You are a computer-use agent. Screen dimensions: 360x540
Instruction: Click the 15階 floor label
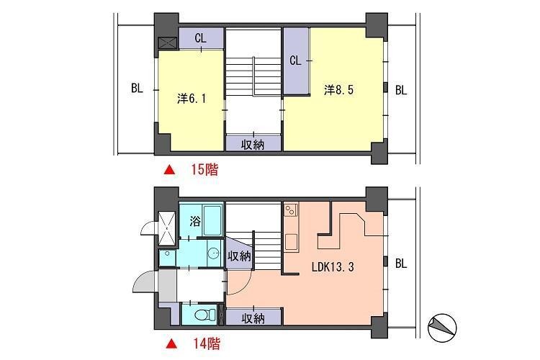(204, 171)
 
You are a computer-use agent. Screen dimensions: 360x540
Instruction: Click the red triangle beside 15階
(170, 171)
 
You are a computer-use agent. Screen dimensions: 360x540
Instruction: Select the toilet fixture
(203, 315)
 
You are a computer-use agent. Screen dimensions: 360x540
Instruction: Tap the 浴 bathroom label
(194, 222)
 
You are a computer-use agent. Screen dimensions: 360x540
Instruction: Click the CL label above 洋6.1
(200, 39)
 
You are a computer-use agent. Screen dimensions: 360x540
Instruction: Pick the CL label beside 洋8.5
(295, 61)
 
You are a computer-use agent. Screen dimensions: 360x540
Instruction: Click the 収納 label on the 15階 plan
(252, 144)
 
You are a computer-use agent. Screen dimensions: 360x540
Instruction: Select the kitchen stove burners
(291, 210)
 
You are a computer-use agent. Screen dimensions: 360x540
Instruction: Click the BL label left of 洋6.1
(137, 90)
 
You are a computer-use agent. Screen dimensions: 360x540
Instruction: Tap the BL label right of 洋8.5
(401, 90)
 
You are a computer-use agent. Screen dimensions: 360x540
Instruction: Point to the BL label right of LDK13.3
(401, 264)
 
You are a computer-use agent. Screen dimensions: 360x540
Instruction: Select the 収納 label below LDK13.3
(252, 317)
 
